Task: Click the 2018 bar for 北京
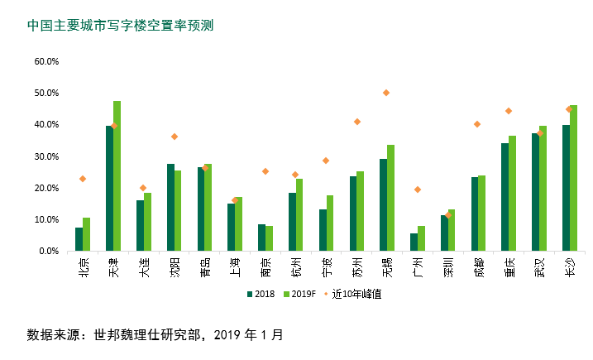(x=79, y=239)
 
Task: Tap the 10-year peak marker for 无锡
(x=386, y=93)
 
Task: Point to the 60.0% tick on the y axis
(x=46, y=61)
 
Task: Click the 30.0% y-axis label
(x=46, y=156)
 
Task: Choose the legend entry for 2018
(x=261, y=293)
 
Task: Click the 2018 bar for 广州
(x=414, y=242)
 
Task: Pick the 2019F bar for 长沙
(x=574, y=178)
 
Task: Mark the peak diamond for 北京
(x=83, y=179)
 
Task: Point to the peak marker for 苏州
(x=357, y=122)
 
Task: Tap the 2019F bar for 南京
(x=270, y=238)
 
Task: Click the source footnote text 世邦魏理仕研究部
(x=141, y=335)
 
